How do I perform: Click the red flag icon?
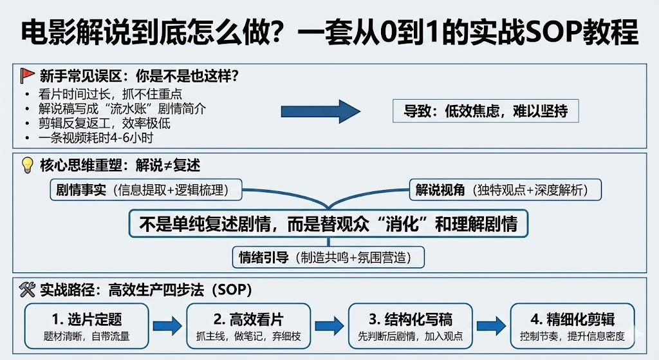click(27, 75)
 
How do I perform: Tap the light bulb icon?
click(27, 165)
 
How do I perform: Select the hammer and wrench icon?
click(27, 290)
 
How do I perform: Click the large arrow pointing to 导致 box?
click(320, 111)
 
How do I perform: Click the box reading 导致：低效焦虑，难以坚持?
click(486, 111)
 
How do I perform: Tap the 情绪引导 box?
click(329, 258)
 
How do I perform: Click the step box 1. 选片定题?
click(87, 326)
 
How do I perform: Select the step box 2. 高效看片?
click(248, 326)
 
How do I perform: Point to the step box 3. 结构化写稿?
click(410, 326)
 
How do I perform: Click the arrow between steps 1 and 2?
click(167, 325)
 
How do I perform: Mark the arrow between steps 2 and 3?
click(329, 325)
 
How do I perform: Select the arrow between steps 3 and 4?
click(491, 325)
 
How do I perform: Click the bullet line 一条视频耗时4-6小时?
click(95, 137)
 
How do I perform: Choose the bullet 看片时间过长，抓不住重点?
click(110, 94)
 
